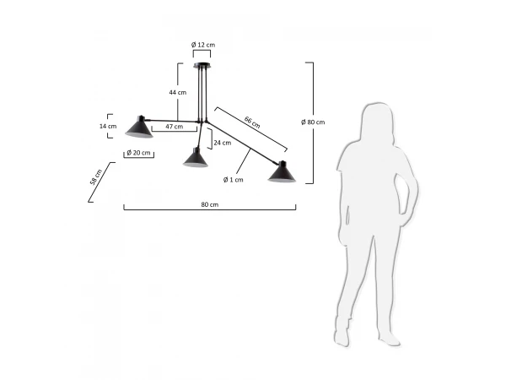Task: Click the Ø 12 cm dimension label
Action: coord(203,45)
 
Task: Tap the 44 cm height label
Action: coord(178,92)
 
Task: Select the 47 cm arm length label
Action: coord(175,127)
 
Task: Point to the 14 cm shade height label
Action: coord(108,126)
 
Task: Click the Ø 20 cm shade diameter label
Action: coord(139,153)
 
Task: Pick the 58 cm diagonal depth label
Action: coord(96,177)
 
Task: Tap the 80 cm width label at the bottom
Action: coord(210,204)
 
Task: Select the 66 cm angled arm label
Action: coord(252,122)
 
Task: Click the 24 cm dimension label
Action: coord(223,143)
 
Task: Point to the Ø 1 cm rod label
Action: coord(234,180)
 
